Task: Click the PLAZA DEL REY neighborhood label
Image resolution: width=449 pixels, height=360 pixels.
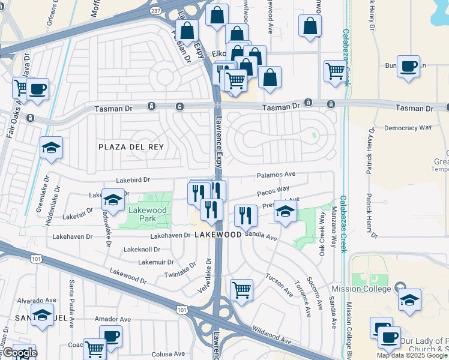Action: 131,146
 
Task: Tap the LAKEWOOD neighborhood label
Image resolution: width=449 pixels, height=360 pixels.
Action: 217,235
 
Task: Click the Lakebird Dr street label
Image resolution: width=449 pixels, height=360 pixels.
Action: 133,179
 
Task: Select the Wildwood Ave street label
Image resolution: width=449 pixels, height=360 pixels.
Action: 272,336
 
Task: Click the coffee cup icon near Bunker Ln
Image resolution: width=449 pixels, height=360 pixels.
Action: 408,67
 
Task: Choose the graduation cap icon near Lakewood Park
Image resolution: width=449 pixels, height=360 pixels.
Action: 112,199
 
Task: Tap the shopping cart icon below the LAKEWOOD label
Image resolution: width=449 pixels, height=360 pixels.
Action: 241,290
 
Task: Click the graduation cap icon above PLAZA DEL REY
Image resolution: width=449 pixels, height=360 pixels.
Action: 52,147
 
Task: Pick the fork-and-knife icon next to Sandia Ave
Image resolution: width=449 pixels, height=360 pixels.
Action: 245,216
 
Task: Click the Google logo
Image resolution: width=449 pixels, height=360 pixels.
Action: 19,353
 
